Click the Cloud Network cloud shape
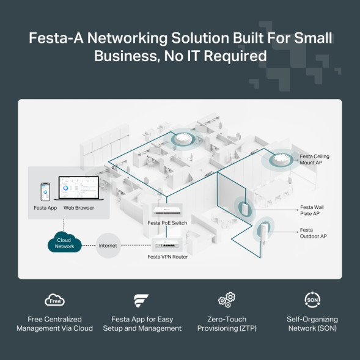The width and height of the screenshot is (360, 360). pyautogui.click(x=64, y=243)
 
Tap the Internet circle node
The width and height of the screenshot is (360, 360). pyautogui.click(x=108, y=246)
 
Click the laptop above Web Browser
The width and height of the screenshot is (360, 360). pyautogui.click(x=78, y=191)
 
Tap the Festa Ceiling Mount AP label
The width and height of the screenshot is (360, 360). pyautogui.click(x=315, y=160)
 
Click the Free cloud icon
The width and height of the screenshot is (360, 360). pyautogui.click(x=55, y=300)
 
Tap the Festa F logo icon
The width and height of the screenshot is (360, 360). pyautogui.click(x=141, y=300)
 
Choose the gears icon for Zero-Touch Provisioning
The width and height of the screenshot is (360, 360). pyautogui.click(x=226, y=300)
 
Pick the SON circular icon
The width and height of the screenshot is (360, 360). pyautogui.click(x=312, y=300)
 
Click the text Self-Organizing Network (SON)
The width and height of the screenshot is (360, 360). pyautogui.click(x=312, y=323)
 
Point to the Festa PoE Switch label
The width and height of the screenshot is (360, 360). pyautogui.click(x=167, y=223)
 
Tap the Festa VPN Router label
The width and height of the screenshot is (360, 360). pyautogui.click(x=167, y=257)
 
